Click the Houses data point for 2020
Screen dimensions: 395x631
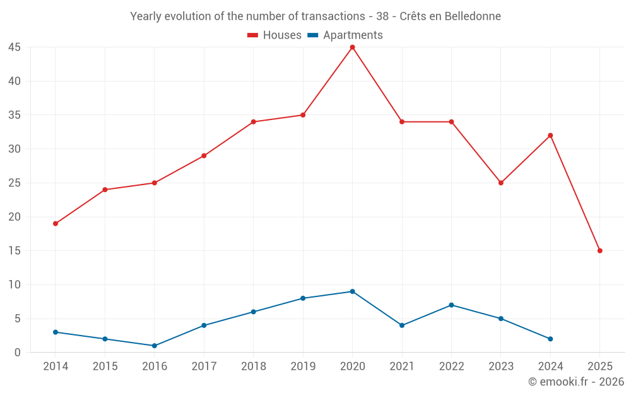coord(352,47)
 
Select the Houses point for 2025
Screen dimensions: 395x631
coord(599,251)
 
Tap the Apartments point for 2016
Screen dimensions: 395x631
coord(155,346)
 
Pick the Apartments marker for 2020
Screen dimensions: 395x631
coord(352,291)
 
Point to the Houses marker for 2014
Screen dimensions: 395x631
coord(56,224)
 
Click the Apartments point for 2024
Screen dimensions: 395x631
coord(550,339)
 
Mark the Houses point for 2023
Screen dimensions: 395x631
coord(501,183)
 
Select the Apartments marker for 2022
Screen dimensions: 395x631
coord(451,305)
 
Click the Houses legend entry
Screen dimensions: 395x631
coord(274,35)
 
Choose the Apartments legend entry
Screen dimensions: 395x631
coord(345,35)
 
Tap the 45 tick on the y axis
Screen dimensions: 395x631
coord(15,47)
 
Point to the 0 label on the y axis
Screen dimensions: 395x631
coord(18,353)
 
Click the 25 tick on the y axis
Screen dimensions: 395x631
coord(15,183)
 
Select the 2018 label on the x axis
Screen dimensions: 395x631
coord(253,367)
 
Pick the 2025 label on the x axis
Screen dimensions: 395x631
coord(599,367)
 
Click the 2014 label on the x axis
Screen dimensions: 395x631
coord(56,367)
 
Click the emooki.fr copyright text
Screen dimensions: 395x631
coord(576,382)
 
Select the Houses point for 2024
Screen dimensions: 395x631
coord(550,135)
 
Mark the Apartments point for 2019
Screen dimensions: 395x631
coord(303,298)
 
